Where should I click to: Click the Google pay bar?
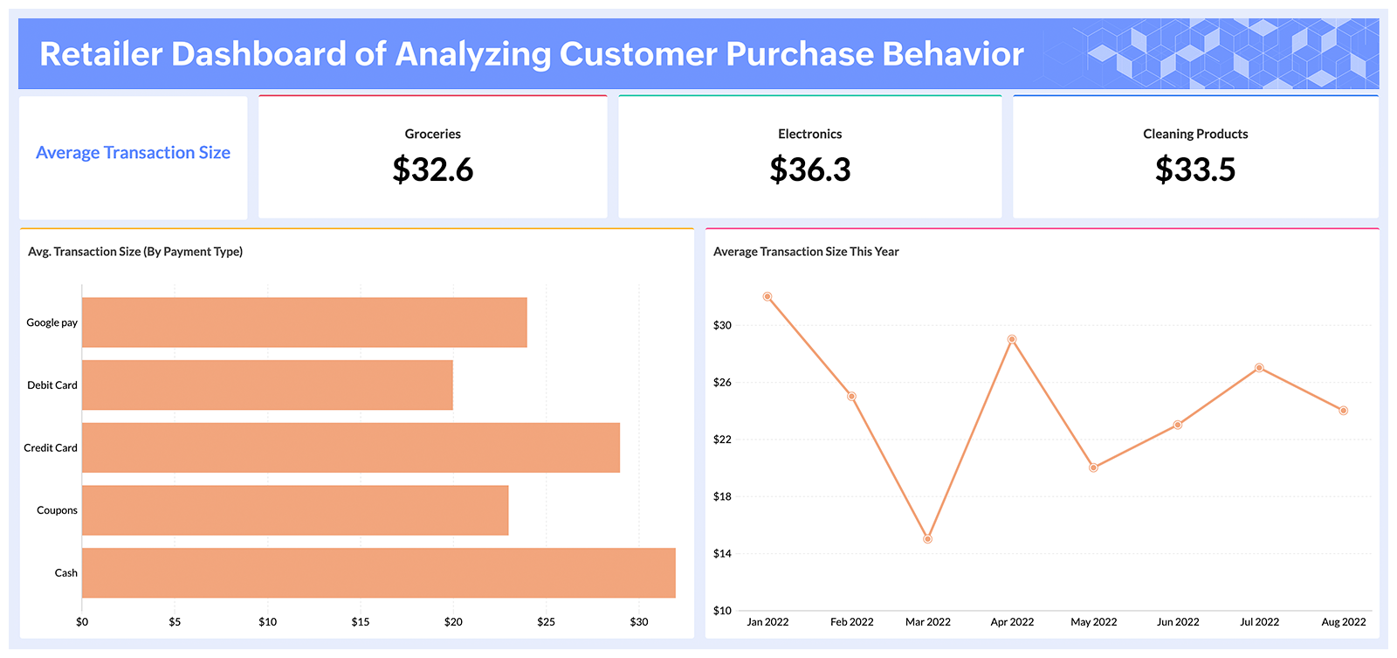[304, 322]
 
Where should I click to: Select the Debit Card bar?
[267, 385]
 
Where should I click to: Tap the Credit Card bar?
[350, 448]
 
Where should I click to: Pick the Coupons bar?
[295, 510]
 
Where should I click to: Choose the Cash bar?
[378, 573]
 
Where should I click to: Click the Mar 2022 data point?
[927, 539]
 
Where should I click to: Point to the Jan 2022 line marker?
[767, 296]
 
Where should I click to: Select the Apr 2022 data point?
[1012, 339]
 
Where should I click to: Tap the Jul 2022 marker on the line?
[1259, 368]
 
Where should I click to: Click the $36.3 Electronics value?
[809, 170]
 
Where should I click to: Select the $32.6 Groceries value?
[432, 170]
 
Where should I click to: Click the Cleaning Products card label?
[1195, 134]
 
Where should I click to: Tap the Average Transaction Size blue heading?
[133, 153]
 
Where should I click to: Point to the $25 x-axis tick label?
[546, 622]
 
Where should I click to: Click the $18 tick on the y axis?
[722, 496]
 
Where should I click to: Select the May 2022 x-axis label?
[1093, 622]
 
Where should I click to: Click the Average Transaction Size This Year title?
[806, 252]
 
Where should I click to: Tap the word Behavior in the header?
[953, 54]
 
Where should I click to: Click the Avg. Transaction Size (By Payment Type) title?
[135, 252]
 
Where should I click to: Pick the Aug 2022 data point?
[1344, 411]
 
